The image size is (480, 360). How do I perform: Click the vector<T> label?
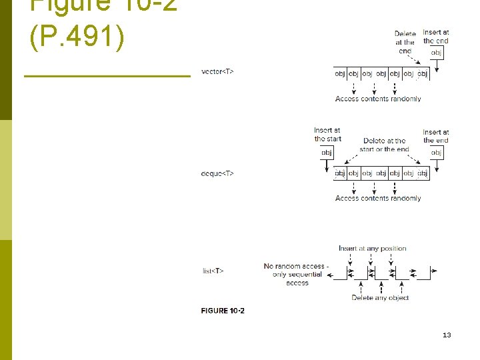coord(217,71)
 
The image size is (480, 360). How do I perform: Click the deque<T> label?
coord(217,173)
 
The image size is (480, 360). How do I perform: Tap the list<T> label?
coord(213,271)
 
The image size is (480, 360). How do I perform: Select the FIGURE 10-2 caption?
coord(223,311)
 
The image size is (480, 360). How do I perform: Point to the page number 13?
coord(447,335)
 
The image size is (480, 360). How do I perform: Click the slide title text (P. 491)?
coord(77,38)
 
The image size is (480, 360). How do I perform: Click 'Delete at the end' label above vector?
coord(405,42)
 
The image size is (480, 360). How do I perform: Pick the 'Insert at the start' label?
coord(327,134)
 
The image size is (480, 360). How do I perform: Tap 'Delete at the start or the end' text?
coord(384,145)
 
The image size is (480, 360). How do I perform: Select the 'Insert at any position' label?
coord(372,249)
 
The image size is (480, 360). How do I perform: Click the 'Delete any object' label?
coord(381,298)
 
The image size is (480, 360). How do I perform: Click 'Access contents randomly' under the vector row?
coord(378,99)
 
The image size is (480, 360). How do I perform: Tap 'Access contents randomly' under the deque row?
coord(378,198)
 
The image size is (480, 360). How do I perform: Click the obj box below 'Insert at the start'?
coord(327,153)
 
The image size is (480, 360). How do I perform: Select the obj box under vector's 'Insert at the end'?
coord(436,52)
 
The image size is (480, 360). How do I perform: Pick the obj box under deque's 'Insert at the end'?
coord(436,153)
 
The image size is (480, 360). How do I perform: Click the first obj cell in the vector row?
coord(340,73)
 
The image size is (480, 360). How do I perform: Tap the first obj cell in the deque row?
coord(340,173)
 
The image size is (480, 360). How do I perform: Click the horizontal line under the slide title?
coord(107,77)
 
